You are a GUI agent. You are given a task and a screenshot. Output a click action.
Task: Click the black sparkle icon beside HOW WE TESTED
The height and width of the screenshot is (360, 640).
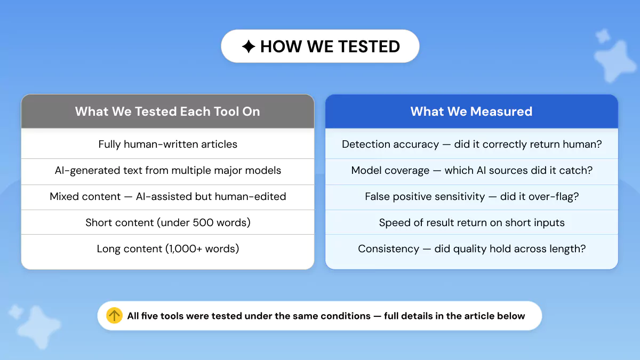249,46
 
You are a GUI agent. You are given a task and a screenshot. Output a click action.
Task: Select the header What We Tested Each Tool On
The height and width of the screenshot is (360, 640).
167,111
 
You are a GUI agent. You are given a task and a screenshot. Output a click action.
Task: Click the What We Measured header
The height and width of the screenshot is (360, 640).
471,111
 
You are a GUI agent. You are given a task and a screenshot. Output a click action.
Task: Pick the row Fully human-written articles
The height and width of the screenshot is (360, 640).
167,145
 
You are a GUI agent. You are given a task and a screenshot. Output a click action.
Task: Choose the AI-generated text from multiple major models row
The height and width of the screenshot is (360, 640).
167,171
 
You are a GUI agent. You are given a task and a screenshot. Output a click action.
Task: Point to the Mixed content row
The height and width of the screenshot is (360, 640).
167,197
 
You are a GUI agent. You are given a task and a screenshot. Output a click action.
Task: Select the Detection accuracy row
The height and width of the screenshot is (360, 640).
471,145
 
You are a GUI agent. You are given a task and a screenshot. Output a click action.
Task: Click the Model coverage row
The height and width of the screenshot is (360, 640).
471,171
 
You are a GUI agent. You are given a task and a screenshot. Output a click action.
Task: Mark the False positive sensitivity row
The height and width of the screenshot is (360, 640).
471,197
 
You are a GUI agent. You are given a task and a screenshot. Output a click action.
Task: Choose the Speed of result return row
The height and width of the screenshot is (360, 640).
471,222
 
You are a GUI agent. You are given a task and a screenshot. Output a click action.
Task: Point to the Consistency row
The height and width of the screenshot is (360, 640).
471,249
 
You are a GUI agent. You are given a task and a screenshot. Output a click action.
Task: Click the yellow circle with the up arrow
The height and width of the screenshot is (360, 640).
114,316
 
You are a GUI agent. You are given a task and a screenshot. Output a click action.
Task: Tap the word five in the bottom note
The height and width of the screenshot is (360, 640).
149,316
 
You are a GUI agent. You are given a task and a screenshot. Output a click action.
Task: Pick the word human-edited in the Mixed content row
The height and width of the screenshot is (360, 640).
250,197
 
